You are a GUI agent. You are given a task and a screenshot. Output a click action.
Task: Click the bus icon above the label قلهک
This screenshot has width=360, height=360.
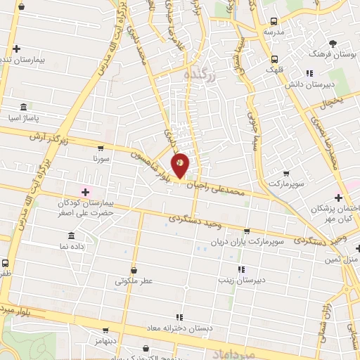[274, 58]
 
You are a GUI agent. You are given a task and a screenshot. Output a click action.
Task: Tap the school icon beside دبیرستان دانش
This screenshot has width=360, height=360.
[308, 72]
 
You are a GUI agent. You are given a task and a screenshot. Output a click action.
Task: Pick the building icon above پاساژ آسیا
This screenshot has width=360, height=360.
[25, 108]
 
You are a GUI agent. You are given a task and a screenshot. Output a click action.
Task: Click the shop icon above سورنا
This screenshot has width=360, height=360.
[101, 148]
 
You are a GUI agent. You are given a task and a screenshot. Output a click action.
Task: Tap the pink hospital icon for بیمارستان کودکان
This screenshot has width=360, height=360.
[86, 191]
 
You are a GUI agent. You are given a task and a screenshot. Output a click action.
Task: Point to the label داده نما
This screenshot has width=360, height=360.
[72, 247]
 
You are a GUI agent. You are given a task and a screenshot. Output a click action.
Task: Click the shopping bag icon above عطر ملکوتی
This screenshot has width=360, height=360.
[134, 269]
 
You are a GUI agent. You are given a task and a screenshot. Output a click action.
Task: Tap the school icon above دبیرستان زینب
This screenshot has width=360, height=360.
[241, 269]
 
